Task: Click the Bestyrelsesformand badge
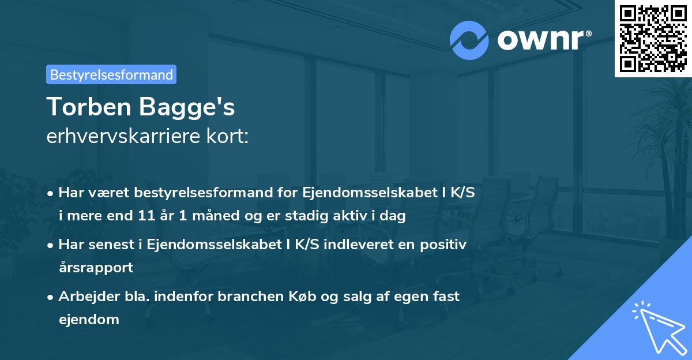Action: tap(111, 74)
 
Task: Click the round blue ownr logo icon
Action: tap(469, 40)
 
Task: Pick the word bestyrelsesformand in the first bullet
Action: tap(192, 193)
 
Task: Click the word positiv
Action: tap(445, 245)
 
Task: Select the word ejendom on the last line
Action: tap(89, 319)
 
